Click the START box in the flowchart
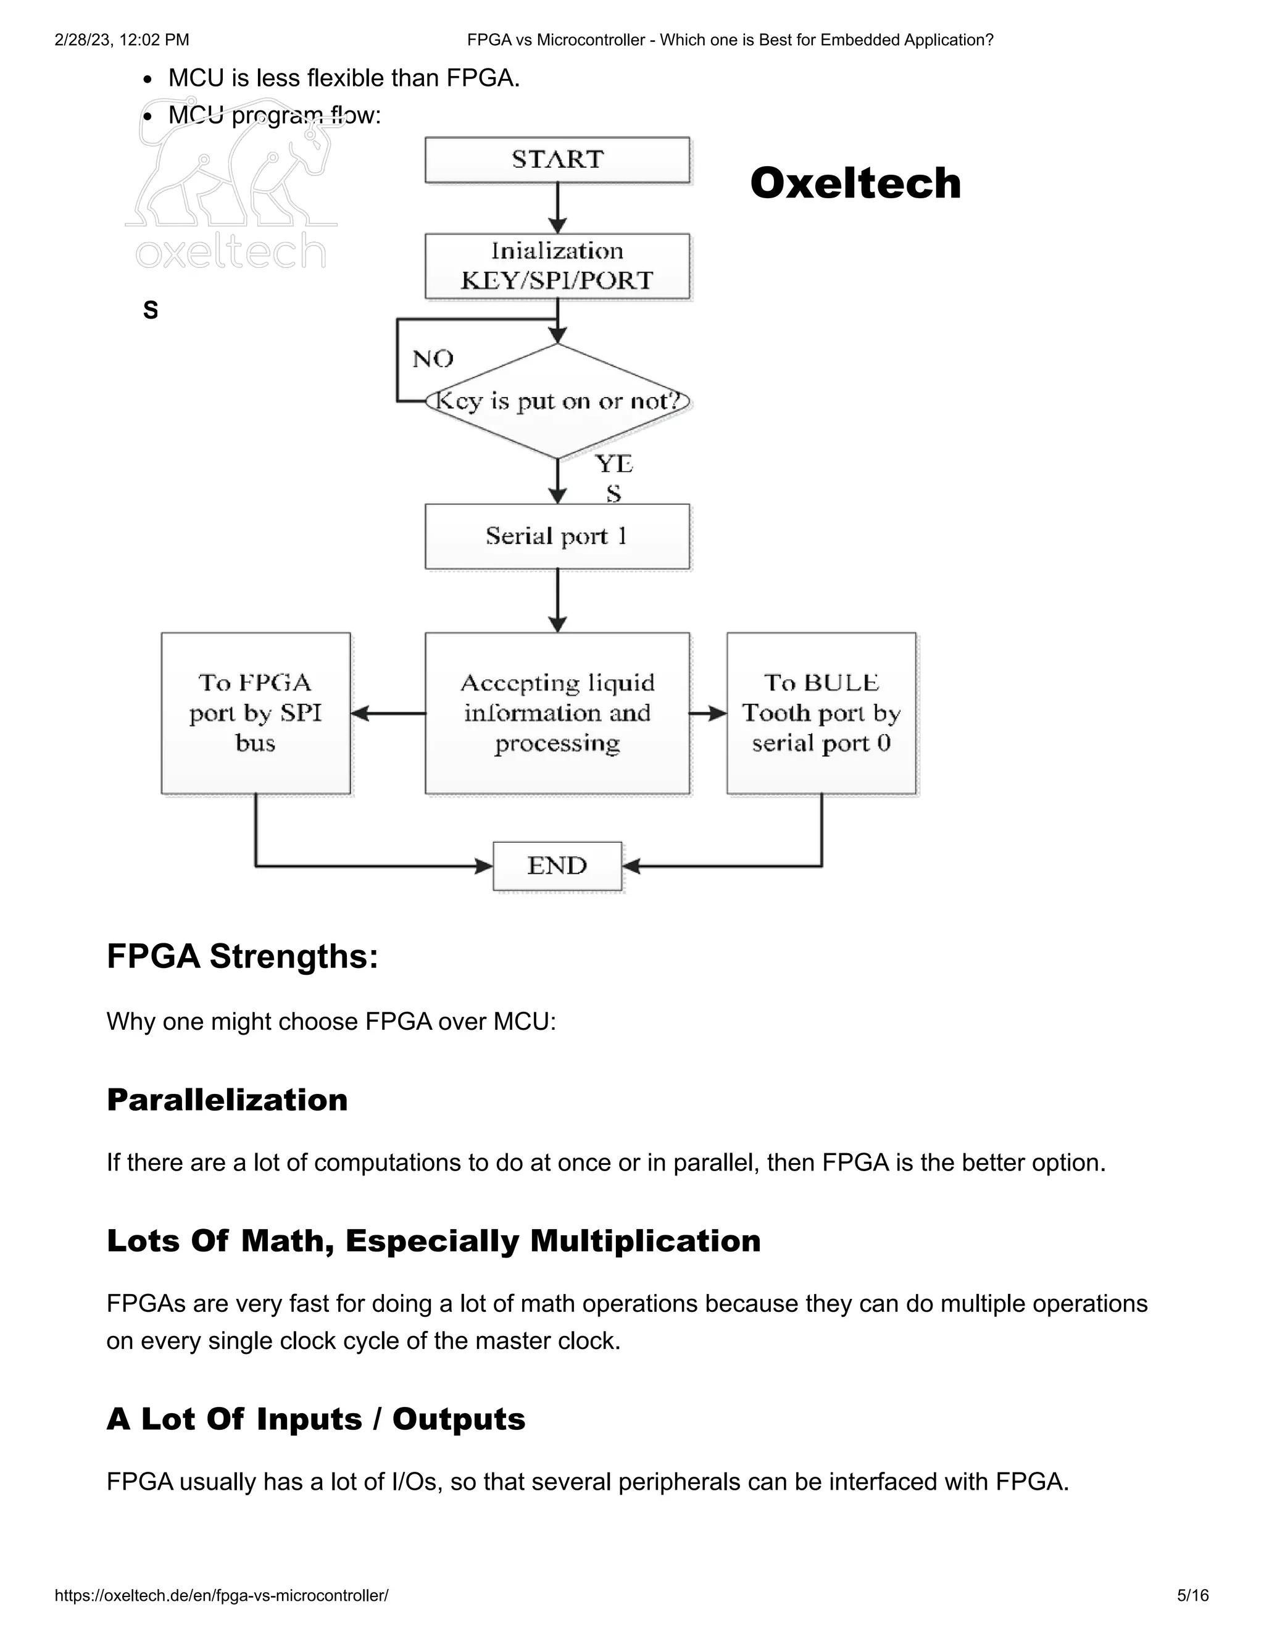click(557, 159)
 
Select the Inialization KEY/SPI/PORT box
click(557, 266)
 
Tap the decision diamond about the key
click(557, 401)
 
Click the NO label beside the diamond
click(433, 359)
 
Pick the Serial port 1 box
click(557, 536)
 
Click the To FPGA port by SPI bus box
click(256, 712)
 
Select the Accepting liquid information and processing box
click(557, 712)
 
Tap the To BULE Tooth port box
click(821, 712)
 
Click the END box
click(557, 866)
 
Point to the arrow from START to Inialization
click(557, 208)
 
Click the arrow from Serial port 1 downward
click(557, 600)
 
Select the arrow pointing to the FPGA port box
click(387, 713)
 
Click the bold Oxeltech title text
click(855, 183)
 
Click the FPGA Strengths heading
click(243, 956)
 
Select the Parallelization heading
click(227, 1100)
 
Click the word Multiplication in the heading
click(646, 1240)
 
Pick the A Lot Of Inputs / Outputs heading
click(316, 1419)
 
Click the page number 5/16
click(1193, 1595)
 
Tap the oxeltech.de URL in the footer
click(222, 1595)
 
